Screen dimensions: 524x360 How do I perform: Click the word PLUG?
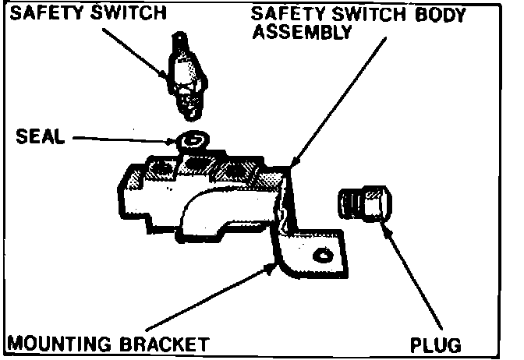437,344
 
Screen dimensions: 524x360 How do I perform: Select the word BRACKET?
171,344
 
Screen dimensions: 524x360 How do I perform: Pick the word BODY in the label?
444,14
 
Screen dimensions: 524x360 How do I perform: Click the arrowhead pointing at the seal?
172,141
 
